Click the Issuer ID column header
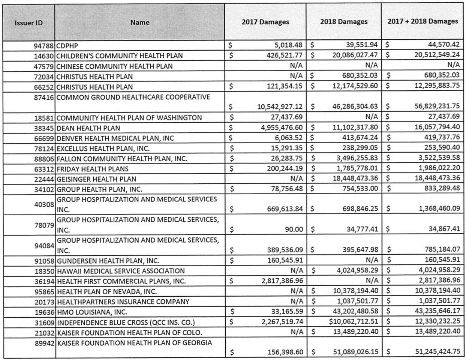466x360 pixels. (x=28, y=23)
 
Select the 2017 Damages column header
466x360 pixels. (x=265, y=22)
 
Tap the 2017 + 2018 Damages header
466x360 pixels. (x=423, y=21)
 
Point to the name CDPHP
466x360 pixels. (x=67, y=46)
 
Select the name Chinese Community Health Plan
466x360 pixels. (x=115, y=66)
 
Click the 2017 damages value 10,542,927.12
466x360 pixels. (x=280, y=106)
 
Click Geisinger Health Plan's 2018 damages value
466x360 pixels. (x=355, y=179)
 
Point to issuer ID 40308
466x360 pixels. (x=44, y=204)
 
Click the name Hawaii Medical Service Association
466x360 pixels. (x=121, y=271)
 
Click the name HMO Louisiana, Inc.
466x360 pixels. (x=92, y=312)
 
